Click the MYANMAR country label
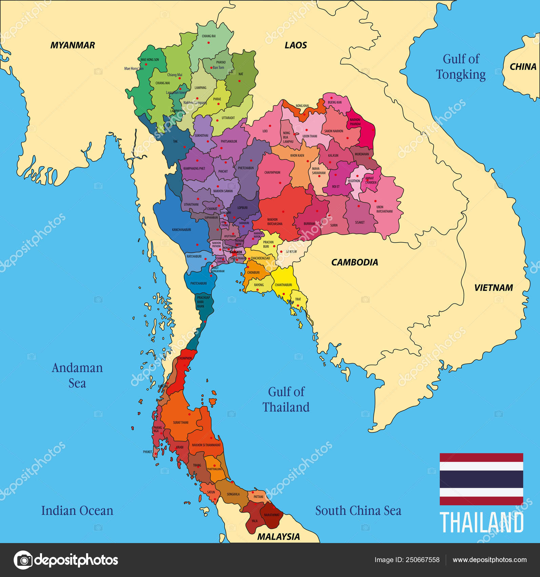pyautogui.click(x=73, y=45)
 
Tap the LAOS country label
pyautogui.click(x=296, y=45)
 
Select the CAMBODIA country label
pyautogui.click(x=354, y=262)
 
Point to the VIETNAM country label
pyautogui.click(x=493, y=288)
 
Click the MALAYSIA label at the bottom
pyautogui.click(x=278, y=537)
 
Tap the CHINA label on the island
pyautogui.click(x=523, y=67)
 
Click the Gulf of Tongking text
pyautogui.click(x=461, y=67)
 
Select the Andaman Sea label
pyautogui.click(x=77, y=375)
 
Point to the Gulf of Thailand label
pyautogui.click(x=286, y=399)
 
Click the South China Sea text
pyautogui.click(x=358, y=510)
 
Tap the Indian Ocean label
pyautogui.click(x=77, y=510)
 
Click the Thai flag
pyautogui.click(x=481, y=479)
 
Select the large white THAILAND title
pyautogui.click(x=481, y=523)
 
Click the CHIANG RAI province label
pyautogui.click(x=208, y=36)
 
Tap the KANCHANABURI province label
pyautogui.click(x=181, y=230)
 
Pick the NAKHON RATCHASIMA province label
pyautogui.click(x=275, y=222)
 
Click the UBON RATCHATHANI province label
pyautogui.click(x=384, y=209)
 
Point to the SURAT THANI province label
pyautogui.click(x=181, y=423)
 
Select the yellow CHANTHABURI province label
pyautogui.click(x=283, y=285)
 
